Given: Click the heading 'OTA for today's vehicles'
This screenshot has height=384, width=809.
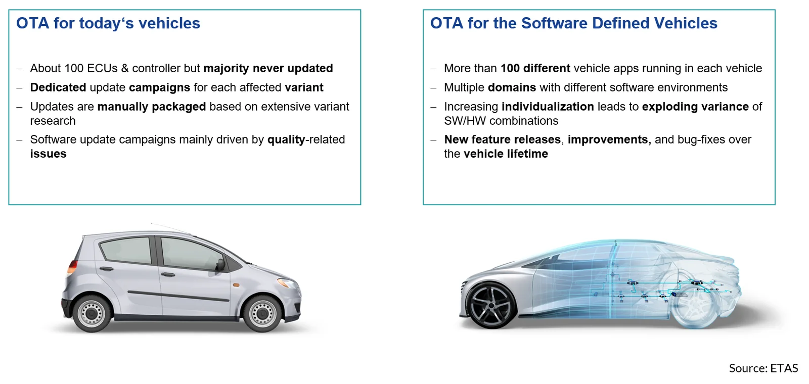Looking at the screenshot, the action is click(108, 23).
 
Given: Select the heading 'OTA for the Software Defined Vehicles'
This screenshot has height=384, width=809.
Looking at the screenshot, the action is click(573, 23).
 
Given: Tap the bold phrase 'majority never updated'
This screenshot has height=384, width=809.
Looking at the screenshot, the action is click(268, 68).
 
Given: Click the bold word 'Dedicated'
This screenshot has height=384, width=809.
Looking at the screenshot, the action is click(58, 87).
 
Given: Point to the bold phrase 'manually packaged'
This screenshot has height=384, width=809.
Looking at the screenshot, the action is click(152, 107).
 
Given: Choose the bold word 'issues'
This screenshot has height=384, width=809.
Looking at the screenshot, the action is click(48, 154).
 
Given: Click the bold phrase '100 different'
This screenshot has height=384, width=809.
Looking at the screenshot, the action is click(535, 68).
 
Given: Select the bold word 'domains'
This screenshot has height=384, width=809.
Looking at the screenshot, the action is click(512, 87).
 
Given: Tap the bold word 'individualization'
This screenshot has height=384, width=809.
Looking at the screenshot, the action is click(548, 107).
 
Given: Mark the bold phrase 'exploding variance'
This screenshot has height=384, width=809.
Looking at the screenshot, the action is click(695, 107).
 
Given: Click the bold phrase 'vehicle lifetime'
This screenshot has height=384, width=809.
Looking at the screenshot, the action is click(506, 154).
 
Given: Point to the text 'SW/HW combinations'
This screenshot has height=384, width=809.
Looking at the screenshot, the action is click(501, 121).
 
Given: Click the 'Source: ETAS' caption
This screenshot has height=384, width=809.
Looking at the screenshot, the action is click(763, 368).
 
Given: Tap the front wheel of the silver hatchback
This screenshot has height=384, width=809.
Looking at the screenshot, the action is click(262, 313).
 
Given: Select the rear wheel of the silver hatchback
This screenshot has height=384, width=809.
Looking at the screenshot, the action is click(92, 313).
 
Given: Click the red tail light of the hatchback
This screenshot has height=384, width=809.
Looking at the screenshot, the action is click(72, 268).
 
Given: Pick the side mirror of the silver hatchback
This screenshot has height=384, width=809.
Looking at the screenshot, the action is click(220, 265).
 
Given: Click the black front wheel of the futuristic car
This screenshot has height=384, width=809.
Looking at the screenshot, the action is click(491, 305).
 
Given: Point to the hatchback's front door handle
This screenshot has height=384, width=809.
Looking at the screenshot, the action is click(167, 275).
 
